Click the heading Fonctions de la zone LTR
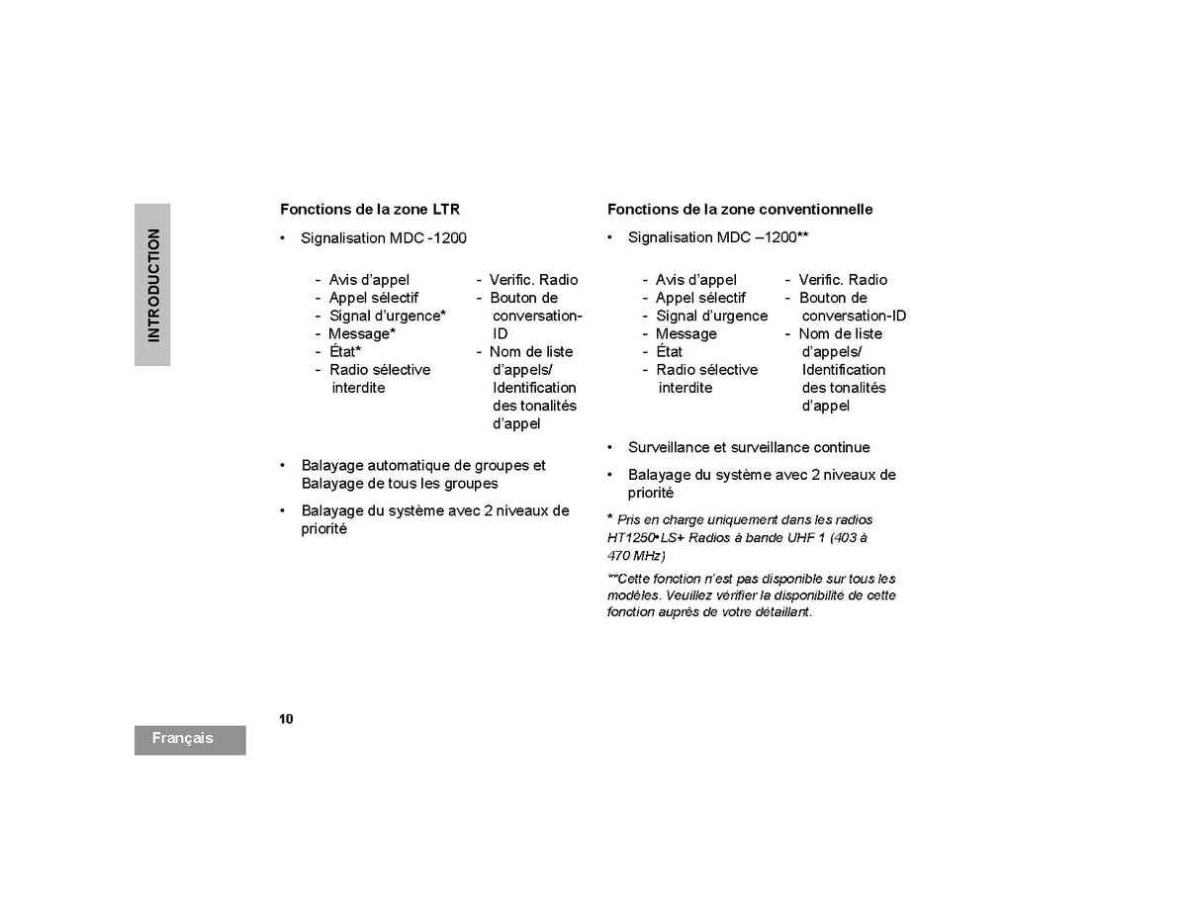(x=369, y=210)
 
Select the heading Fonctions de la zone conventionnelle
(x=739, y=210)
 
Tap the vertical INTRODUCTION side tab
(x=152, y=285)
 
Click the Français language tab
(x=183, y=739)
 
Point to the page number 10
(x=286, y=719)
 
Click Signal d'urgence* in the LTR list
(x=387, y=316)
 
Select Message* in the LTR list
(x=362, y=333)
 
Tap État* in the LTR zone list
(x=345, y=352)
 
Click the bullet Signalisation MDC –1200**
(x=718, y=237)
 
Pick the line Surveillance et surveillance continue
(x=749, y=447)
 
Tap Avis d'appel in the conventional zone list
(x=695, y=280)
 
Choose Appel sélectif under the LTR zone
(x=373, y=298)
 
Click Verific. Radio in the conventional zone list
(x=843, y=280)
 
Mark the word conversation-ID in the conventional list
(x=854, y=316)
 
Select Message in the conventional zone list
(x=685, y=333)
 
